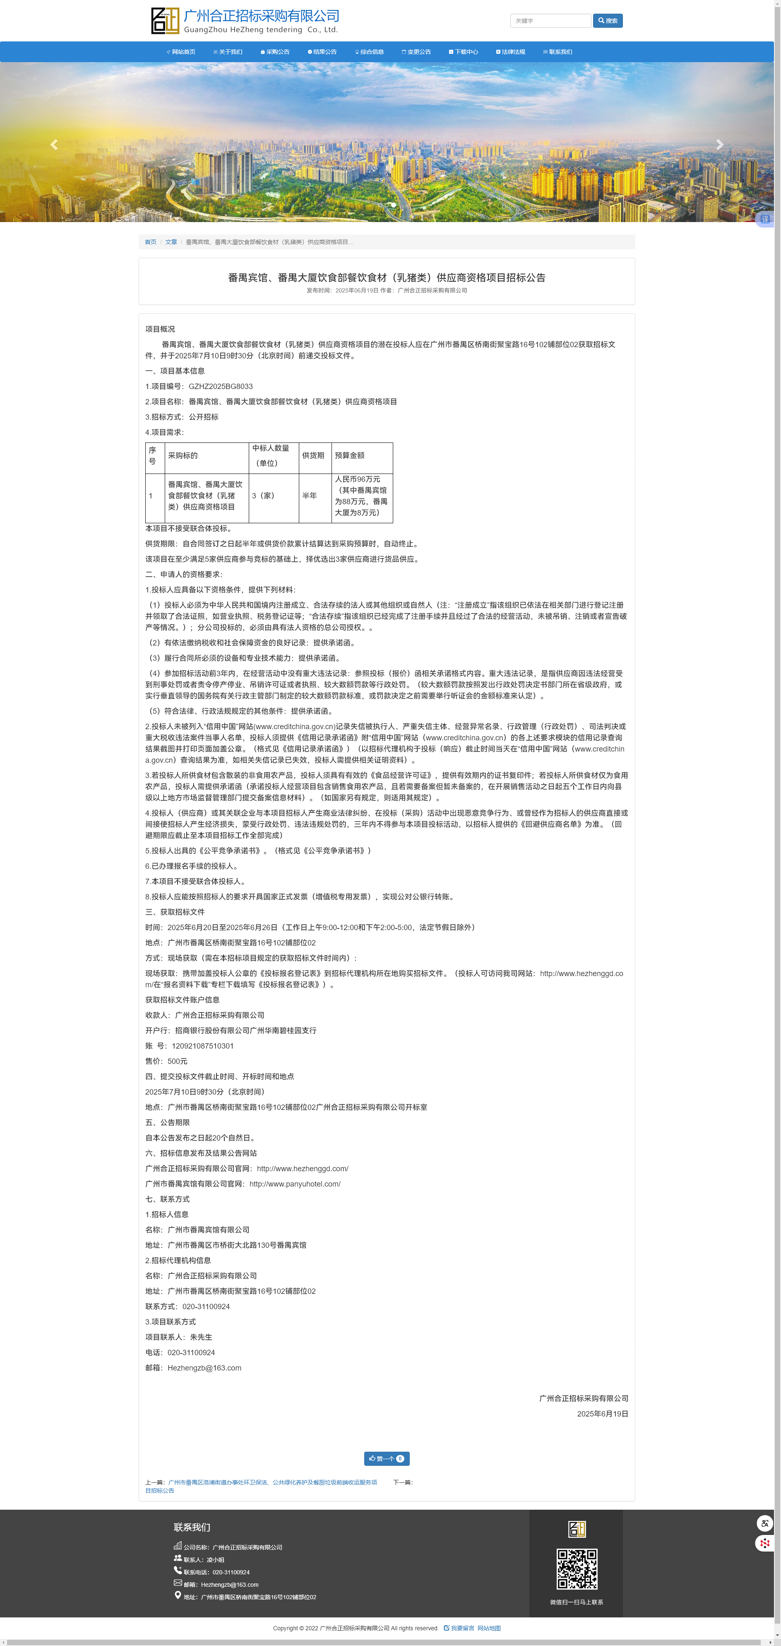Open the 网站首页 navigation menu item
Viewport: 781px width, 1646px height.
click(181, 52)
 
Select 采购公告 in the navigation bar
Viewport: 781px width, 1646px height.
click(275, 52)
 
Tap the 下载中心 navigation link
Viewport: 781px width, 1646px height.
click(464, 52)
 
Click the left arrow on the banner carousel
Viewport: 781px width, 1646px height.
click(54, 145)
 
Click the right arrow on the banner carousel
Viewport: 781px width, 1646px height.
click(720, 145)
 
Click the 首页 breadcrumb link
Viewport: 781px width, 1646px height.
click(150, 242)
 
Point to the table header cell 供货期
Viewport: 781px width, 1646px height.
click(313, 456)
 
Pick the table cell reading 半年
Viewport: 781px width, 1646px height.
click(310, 496)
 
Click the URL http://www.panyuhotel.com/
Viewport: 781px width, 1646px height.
click(295, 1184)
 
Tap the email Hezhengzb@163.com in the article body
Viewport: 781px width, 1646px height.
click(204, 1368)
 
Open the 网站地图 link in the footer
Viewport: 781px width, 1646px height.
click(489, 1628)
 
